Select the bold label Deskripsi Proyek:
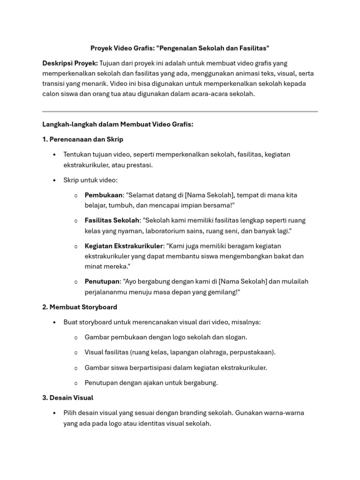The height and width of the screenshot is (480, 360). [70, 63]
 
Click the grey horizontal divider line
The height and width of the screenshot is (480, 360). [180, 112]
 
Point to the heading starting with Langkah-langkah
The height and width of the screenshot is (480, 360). [118, 124]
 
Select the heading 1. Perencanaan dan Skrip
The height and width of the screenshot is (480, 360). [83, 139]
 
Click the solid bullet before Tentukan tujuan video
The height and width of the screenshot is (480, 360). [55, 154]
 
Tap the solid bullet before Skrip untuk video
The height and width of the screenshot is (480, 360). [55, 180]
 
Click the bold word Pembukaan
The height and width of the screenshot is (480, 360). [104, 195]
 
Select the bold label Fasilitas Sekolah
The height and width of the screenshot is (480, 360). [112, 220]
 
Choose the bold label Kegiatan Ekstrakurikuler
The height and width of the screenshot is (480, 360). [124, 246]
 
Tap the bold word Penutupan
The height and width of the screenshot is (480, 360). [102, 281]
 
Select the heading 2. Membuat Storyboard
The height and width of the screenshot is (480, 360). [80, 307]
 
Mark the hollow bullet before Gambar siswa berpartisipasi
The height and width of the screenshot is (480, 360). [76, 368]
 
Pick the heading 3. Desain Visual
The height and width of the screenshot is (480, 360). [68, 397]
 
